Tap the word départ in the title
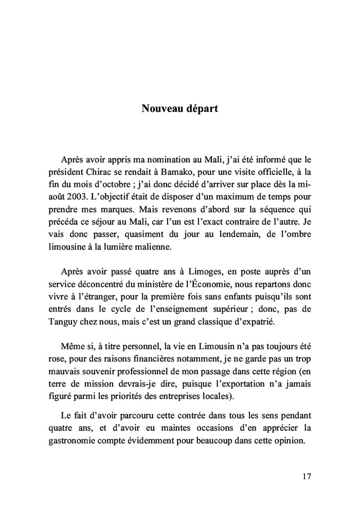click(200, 109)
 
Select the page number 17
click(307, 476)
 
